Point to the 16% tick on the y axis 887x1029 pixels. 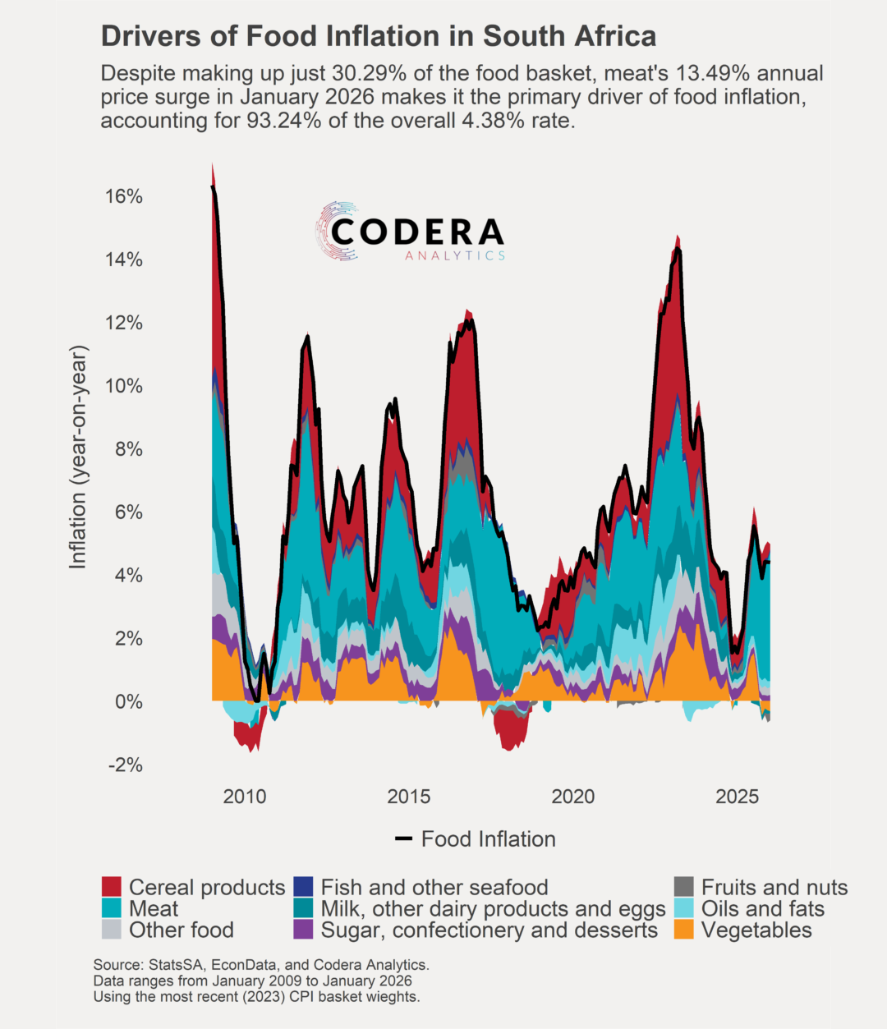pos(124,196)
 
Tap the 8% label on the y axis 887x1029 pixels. pos(127,449)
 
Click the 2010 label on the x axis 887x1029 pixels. pos(245,797)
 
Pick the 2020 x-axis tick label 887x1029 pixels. pos(573,797)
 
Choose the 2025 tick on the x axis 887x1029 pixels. pos(738,797)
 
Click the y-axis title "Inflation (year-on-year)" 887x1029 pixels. pos(78,457)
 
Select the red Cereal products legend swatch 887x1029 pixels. pos(112,888)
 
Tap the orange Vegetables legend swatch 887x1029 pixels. pos(683,930)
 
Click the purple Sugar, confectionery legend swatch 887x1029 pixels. pos(303,930)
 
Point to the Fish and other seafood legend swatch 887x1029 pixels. pos(303,888)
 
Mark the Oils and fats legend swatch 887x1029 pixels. pos(683,909)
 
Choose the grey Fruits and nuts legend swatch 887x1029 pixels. pos(683,888)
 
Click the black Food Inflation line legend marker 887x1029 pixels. pos(403,839)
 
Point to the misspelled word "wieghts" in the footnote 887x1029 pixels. pos(393,997)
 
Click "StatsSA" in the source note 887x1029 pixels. pos(173,965)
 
